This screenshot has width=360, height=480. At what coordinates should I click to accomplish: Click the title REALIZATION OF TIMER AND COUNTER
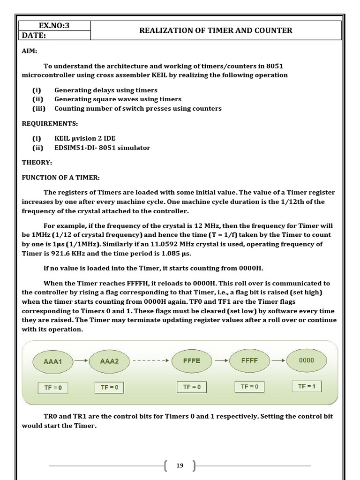click(216, 30)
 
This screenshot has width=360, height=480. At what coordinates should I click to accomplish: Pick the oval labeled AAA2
click(109, 361)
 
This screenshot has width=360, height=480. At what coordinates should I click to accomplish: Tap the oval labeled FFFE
click(192, 361)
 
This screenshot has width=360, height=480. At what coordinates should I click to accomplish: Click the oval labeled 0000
click(306, 360)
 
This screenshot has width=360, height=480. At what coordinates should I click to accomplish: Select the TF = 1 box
click(307, 386)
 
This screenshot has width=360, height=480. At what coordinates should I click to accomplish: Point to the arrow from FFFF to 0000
click(278, 361)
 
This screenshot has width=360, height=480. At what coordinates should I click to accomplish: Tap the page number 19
click(180, 465)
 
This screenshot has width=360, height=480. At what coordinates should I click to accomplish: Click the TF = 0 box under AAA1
click(53, 388)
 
